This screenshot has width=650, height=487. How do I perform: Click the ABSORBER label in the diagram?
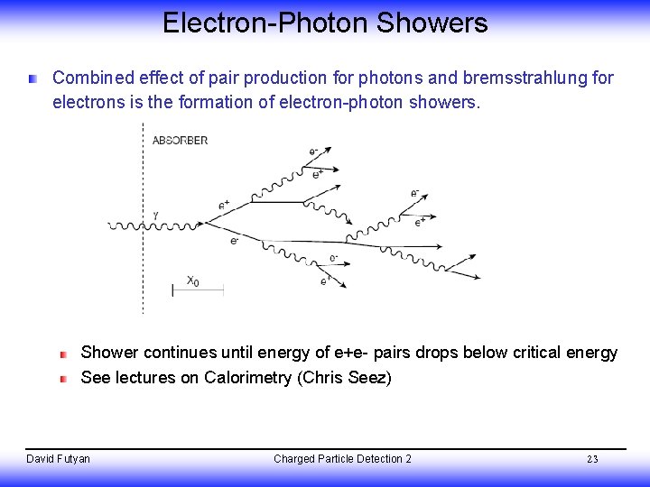tap(180, 141)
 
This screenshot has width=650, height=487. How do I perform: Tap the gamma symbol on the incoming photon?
tap(155, 215)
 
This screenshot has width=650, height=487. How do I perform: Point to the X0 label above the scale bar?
tap(192, 280)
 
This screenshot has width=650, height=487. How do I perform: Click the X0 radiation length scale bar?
tap(197, 290)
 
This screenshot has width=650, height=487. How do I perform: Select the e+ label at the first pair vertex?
tap(223, 205)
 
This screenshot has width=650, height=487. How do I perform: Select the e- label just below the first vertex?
tap(235, 241)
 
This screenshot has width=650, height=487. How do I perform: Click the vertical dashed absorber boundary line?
tap(143, 271)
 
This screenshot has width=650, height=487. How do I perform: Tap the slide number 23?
tap(592, 459)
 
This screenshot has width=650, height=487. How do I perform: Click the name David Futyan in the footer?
tap(59, 459)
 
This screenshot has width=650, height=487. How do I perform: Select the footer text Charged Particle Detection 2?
tap(342, 459)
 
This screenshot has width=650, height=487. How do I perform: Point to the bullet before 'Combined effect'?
tap(33, 79)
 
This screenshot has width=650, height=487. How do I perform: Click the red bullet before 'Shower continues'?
tap(64, 354)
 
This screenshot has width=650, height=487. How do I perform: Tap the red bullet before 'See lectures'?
tap(64, 379)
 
